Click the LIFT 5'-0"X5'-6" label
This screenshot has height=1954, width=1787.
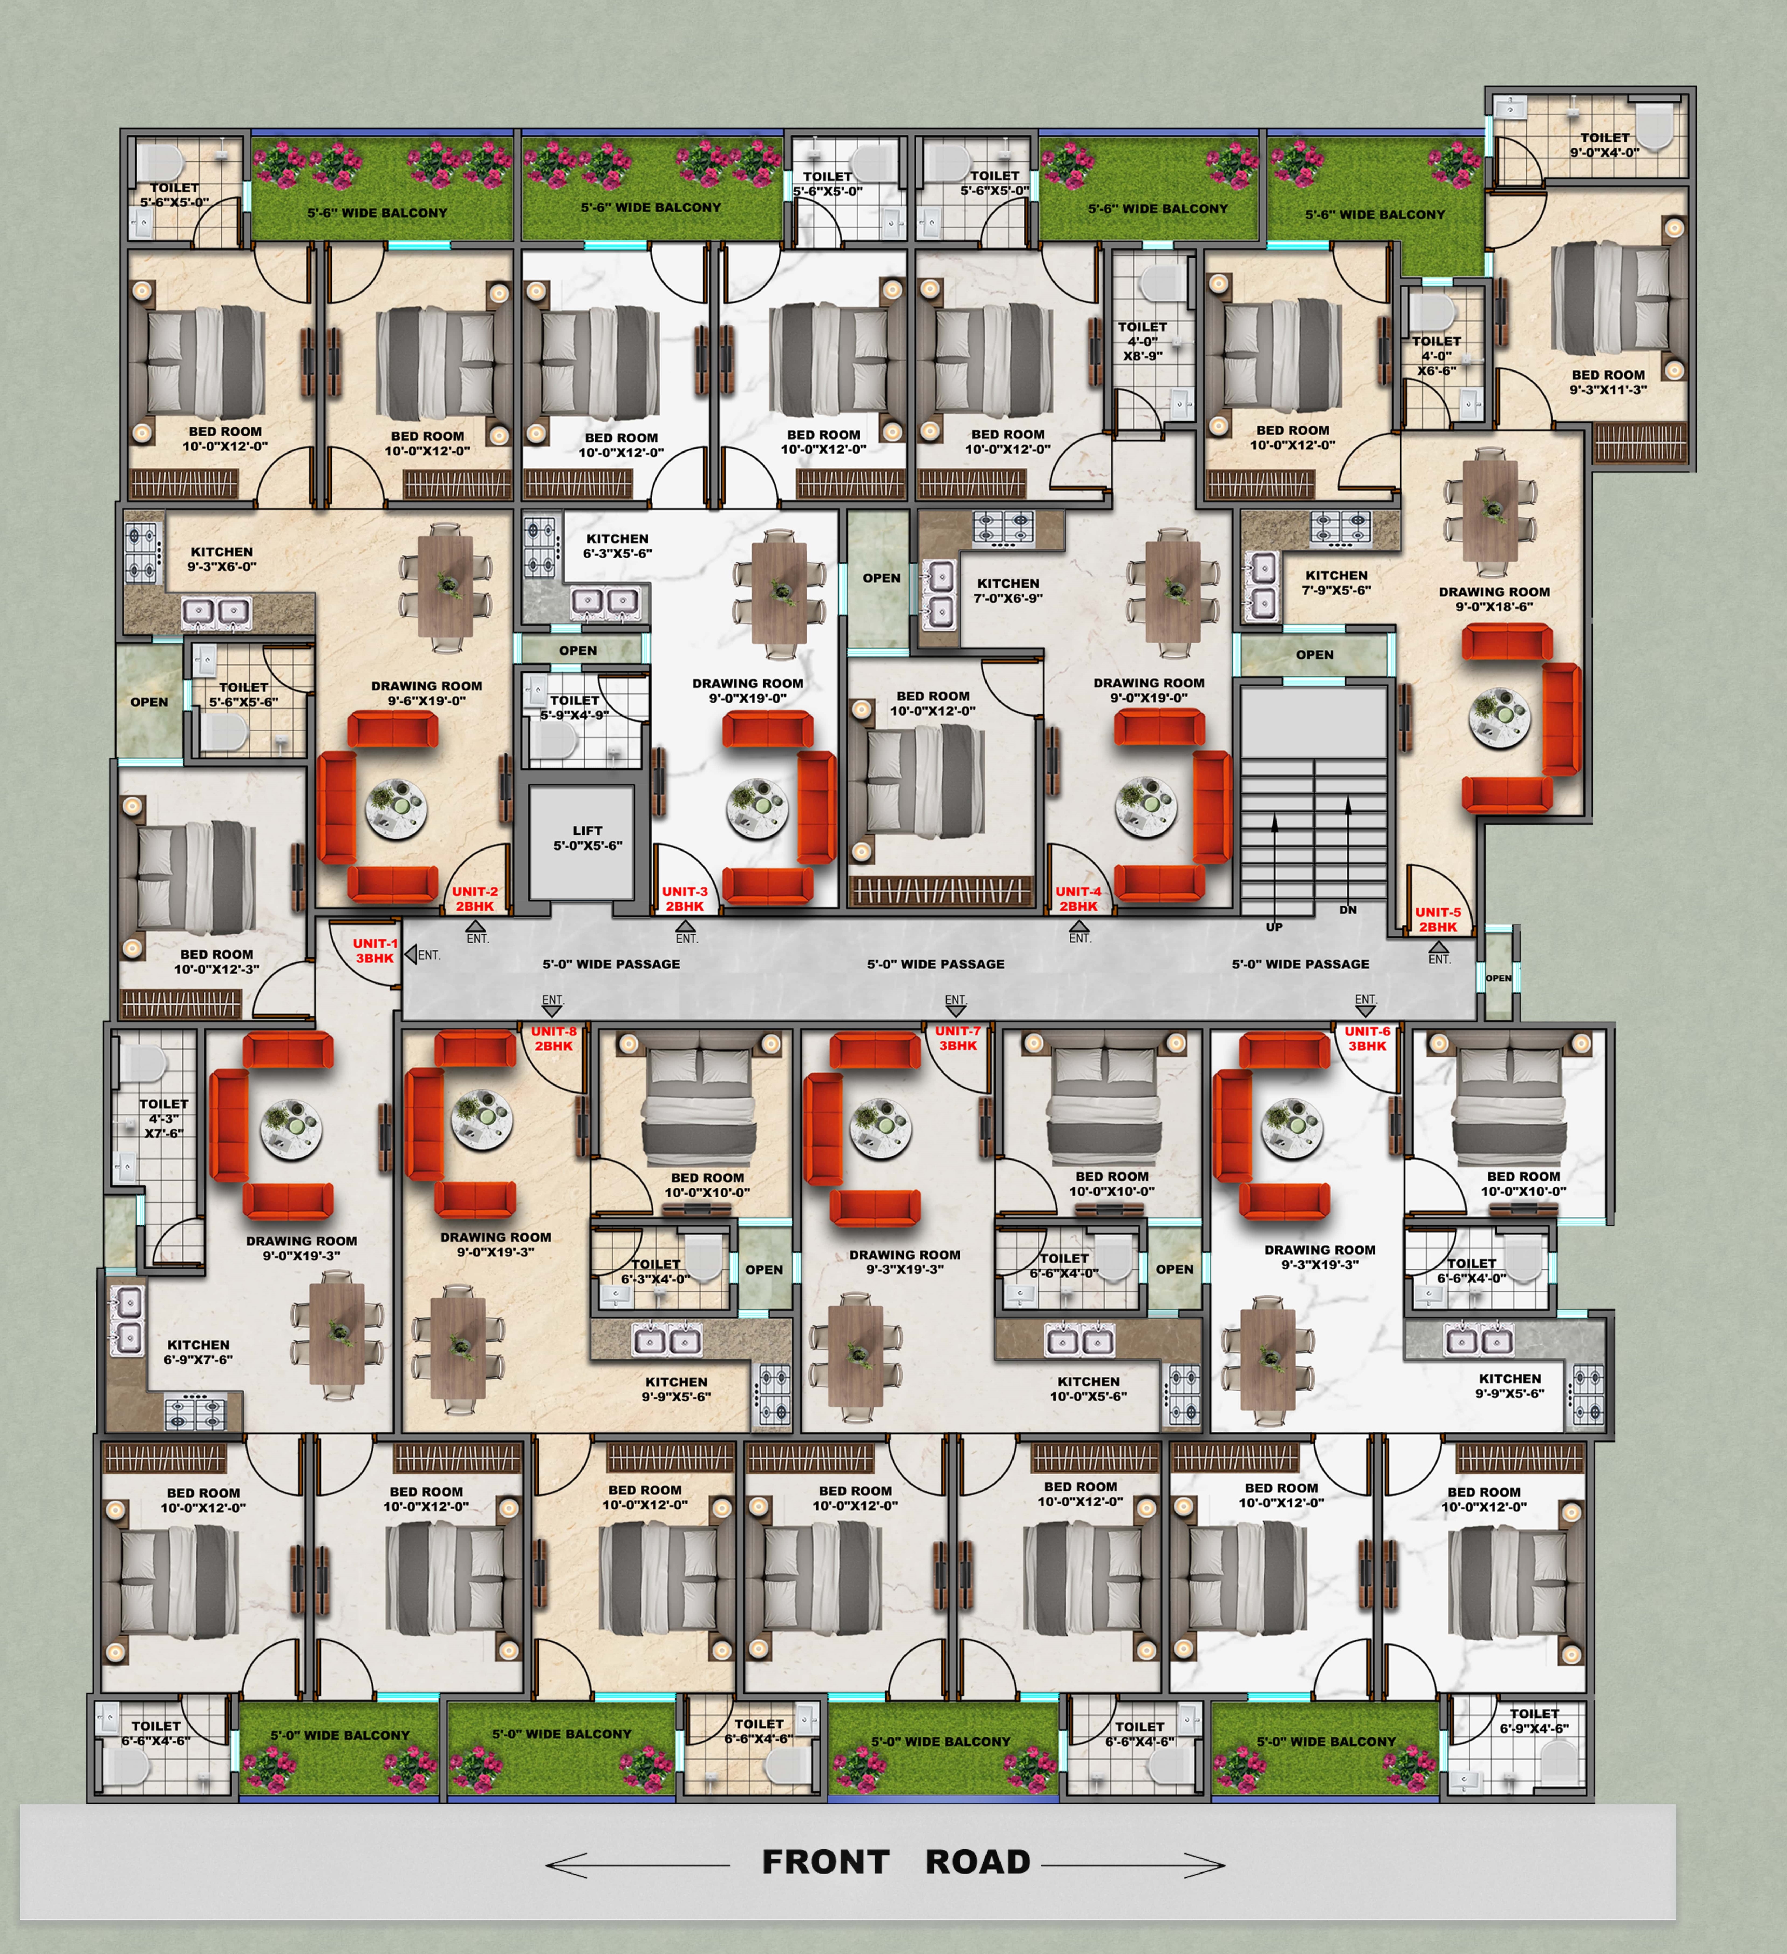pos(587,837)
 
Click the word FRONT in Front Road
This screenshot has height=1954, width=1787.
pos(825,1862)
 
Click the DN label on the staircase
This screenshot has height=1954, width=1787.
pos(1348,909)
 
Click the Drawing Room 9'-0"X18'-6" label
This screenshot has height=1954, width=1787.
pos(1493,599)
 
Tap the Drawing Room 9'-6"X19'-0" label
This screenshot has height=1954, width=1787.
pos(426,693)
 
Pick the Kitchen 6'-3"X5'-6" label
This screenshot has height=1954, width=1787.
pos(617,546)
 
